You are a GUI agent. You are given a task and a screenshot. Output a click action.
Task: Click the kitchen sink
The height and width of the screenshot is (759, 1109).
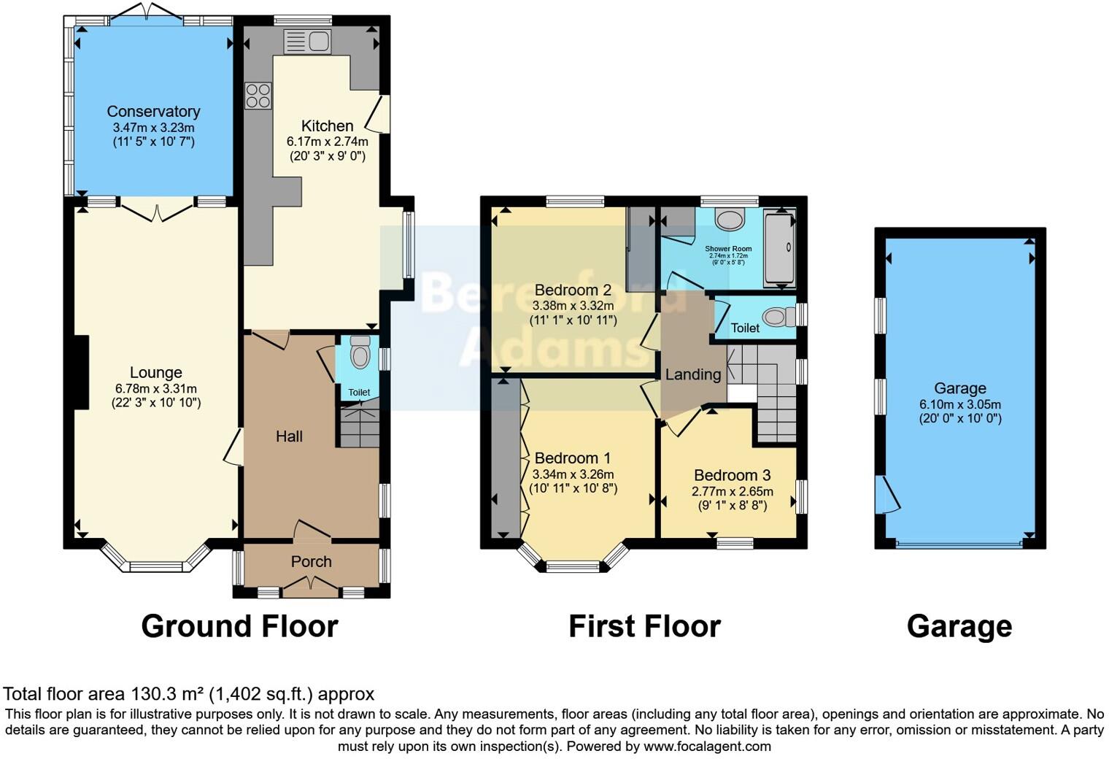(x=307, y=42)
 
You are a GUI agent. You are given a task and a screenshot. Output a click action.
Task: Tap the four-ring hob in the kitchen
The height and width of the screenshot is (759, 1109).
(x=258, y=96)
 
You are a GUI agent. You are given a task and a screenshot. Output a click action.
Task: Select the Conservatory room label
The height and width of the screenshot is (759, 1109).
(x=153, y=112)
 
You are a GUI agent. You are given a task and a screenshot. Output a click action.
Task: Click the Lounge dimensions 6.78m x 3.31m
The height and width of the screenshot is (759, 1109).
(x=155, y=389)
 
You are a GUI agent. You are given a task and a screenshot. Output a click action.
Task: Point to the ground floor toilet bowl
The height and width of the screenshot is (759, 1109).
(x=360, y=354)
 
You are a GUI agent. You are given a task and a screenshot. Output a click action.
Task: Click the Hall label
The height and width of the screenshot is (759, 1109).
(x=289, y=436)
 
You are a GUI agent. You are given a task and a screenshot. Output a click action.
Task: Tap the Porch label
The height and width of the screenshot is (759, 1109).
(x=312, y=562)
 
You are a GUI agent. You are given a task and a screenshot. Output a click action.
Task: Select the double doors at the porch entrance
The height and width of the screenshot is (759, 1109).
(x=312, y=583)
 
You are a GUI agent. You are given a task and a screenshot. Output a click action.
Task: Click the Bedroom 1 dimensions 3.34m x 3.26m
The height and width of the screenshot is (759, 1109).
(x=574, y=474)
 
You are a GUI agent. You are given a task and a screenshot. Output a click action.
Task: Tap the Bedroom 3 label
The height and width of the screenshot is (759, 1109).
(x=732, y=475)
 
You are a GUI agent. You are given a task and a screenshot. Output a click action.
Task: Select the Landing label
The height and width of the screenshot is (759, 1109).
(x=692, y=374)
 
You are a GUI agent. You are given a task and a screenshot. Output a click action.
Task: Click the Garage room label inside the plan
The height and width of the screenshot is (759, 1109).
(x=959, y=388)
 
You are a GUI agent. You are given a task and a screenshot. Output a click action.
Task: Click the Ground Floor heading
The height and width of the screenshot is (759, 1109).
(x=239, y=626)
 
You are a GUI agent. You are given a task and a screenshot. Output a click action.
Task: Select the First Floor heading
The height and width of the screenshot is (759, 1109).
(x=644, y=626)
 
